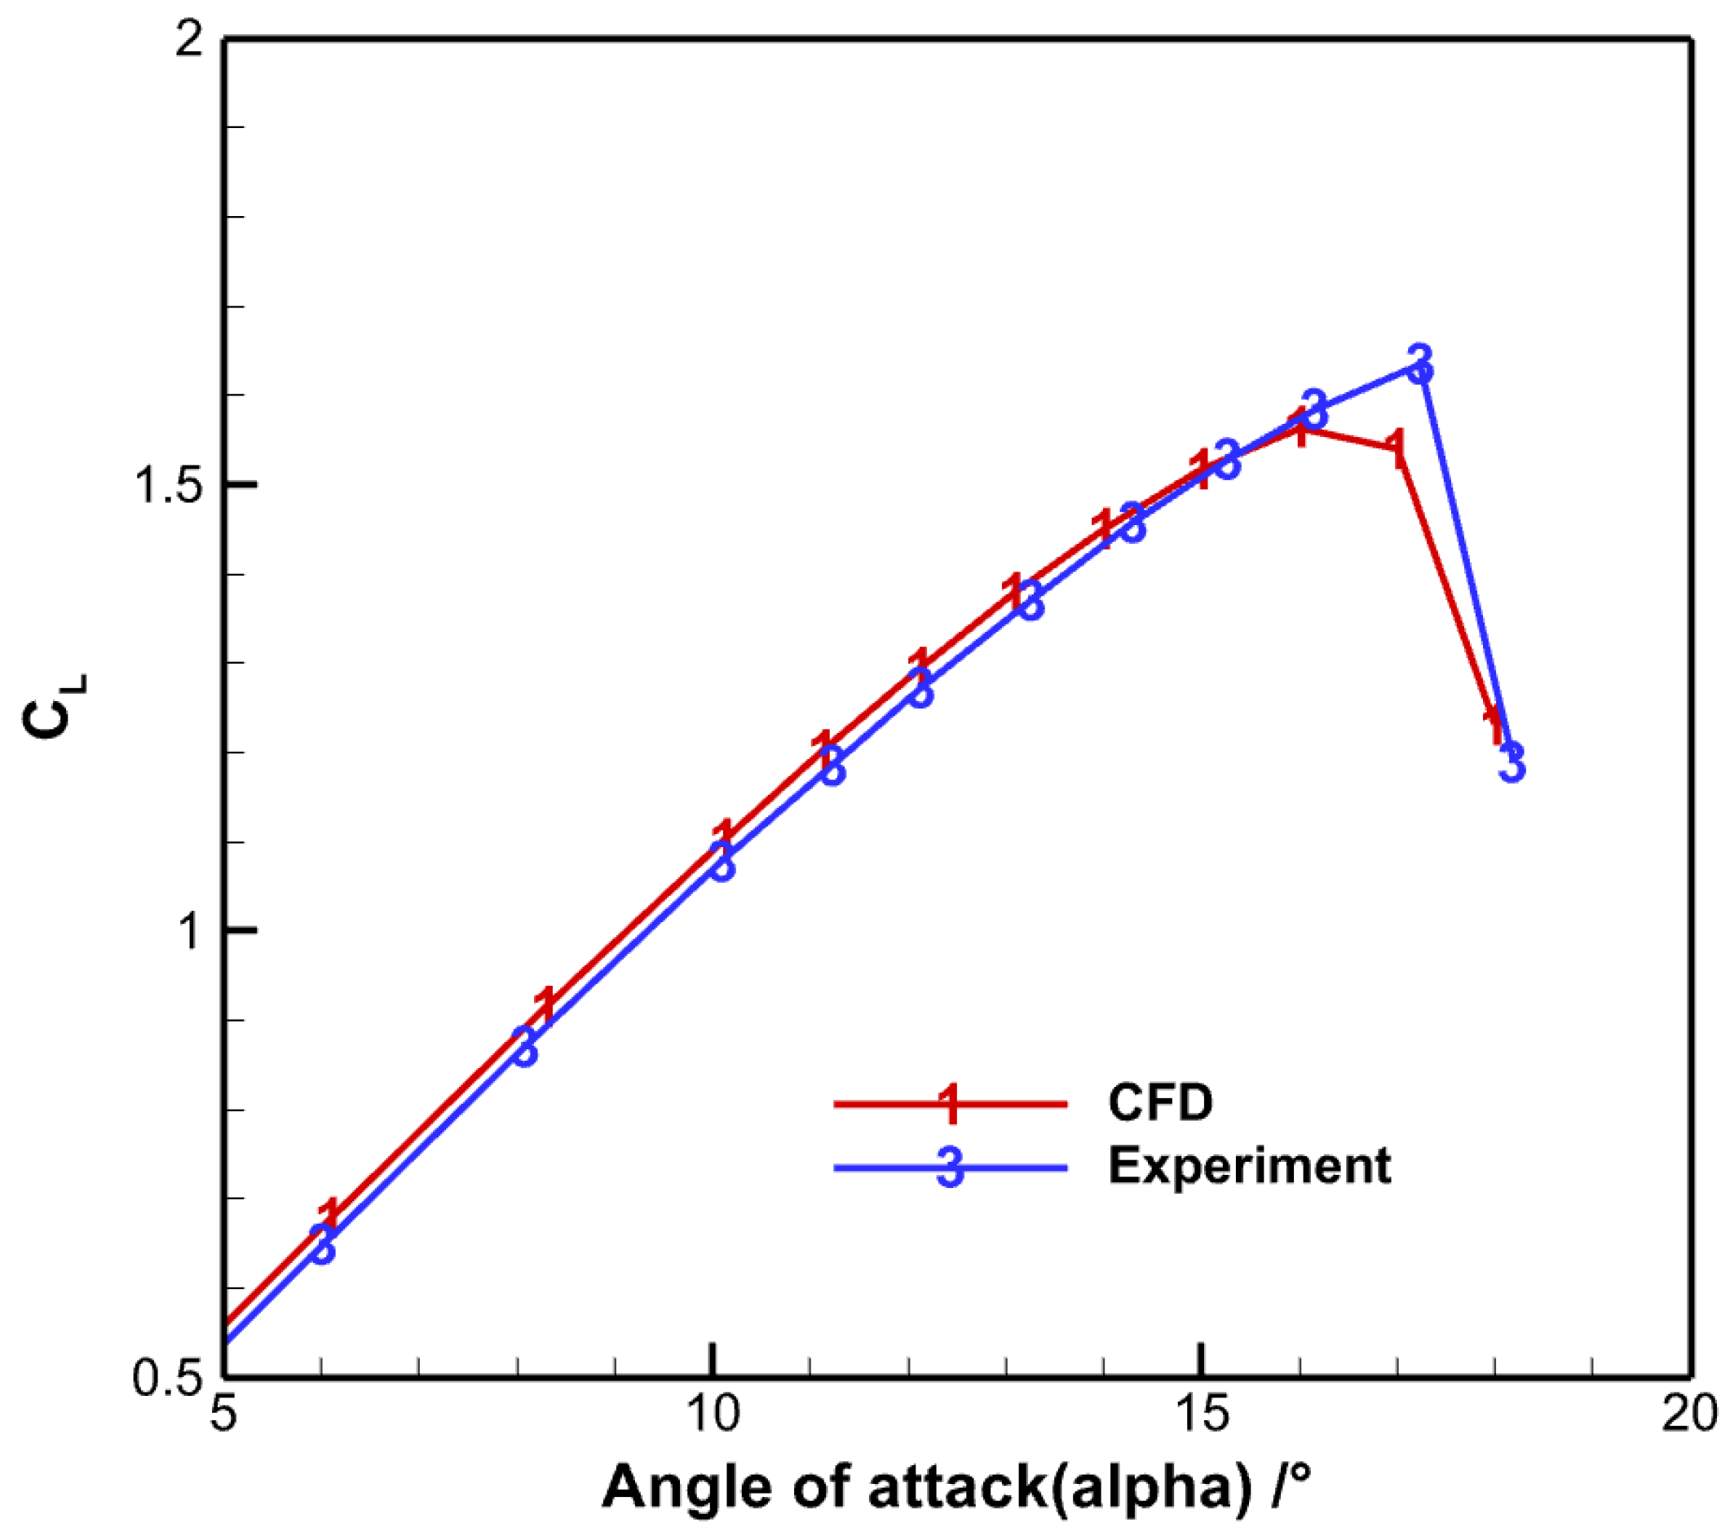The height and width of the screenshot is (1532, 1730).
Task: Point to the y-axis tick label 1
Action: tap(190, 932)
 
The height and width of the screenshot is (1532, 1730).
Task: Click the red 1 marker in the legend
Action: tap(951, 1103)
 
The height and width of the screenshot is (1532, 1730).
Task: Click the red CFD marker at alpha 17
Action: tap(1397, 448)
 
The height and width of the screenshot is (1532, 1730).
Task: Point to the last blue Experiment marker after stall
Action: tap(1512, 762)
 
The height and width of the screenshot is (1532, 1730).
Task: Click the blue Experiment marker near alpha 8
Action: tap(525, 1047)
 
